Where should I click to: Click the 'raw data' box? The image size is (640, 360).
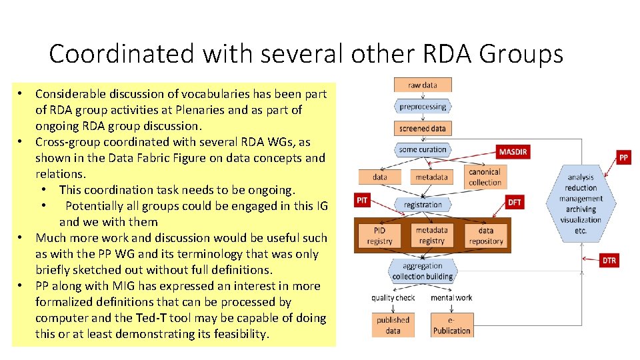point(423,85)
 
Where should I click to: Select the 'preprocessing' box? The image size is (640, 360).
point(423,107)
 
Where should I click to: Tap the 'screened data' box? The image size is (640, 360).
point(423,128)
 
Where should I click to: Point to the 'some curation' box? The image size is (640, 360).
point(423,150)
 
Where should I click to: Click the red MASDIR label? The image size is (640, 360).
point(513,151)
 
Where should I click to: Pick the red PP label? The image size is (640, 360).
point(623,157)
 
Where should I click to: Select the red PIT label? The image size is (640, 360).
point(362,200)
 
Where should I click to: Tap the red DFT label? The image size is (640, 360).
point(515,202)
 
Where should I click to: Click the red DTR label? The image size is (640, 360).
point(609,261)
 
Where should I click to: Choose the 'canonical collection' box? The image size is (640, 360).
point(485,177)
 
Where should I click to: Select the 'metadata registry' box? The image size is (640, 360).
point(431,235)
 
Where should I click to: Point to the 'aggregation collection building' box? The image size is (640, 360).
point(423,271)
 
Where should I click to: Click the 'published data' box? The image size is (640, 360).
point(393,325)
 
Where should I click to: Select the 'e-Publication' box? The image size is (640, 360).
point(451,325)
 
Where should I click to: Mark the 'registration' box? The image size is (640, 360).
point(423,205)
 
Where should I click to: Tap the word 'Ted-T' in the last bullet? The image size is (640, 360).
point(213,318)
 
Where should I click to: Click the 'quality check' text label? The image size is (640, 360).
point(393,298)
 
